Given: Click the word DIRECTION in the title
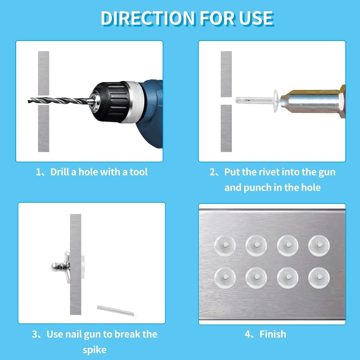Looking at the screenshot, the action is tap(148, 18).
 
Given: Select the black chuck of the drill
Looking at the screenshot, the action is tap(111, 102).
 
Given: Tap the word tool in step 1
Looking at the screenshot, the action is tap(139, 172).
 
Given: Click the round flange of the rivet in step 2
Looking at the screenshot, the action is tap(275, 101).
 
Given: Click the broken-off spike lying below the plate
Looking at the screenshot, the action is tap(116, 310).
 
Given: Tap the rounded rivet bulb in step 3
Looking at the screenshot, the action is tap(55, 267).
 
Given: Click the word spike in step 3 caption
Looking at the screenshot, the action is tap(94, 350).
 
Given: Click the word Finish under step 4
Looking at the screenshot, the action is tap(273, 334).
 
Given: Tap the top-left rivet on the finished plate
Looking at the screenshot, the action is tap(225, 246).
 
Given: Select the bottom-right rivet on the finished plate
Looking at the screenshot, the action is tap(319, 278).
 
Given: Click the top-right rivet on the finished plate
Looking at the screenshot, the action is tap(319, 246).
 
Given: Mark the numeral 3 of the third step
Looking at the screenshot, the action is tap(35, 334).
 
